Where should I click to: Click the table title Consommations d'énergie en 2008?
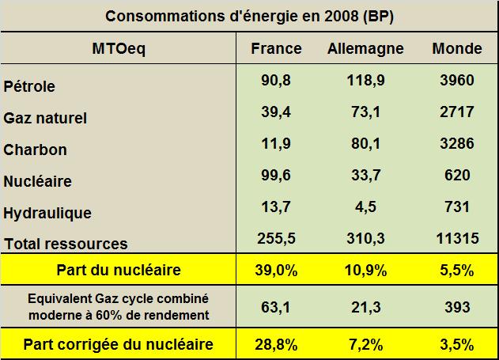[x=249, y=17]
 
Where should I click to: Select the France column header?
[x=276, y=48]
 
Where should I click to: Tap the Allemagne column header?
[x=365, y=48]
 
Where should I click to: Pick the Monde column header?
[x=457, y=48]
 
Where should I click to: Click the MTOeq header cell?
[x=119, y=48]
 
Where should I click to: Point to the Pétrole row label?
[x=29, y=86]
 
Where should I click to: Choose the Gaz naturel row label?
[x=45, y=118]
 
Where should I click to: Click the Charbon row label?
[x=36, y=150]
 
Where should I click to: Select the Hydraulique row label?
[x=47, y=213]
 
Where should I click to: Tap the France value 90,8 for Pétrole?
[x=276, y=81]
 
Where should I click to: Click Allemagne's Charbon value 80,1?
[x=365, y=144]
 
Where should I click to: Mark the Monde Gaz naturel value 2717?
[x=457, y=112]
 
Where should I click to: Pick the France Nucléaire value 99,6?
[x=276, y=176]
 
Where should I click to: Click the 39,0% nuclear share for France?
[x=276, y=270]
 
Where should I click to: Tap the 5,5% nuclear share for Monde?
[x=457, y=270]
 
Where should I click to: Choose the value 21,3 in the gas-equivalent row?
[x=365, y=306]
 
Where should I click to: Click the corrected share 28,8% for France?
[x=276, y=344]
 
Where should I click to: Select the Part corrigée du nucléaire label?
[x=119, y=344]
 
